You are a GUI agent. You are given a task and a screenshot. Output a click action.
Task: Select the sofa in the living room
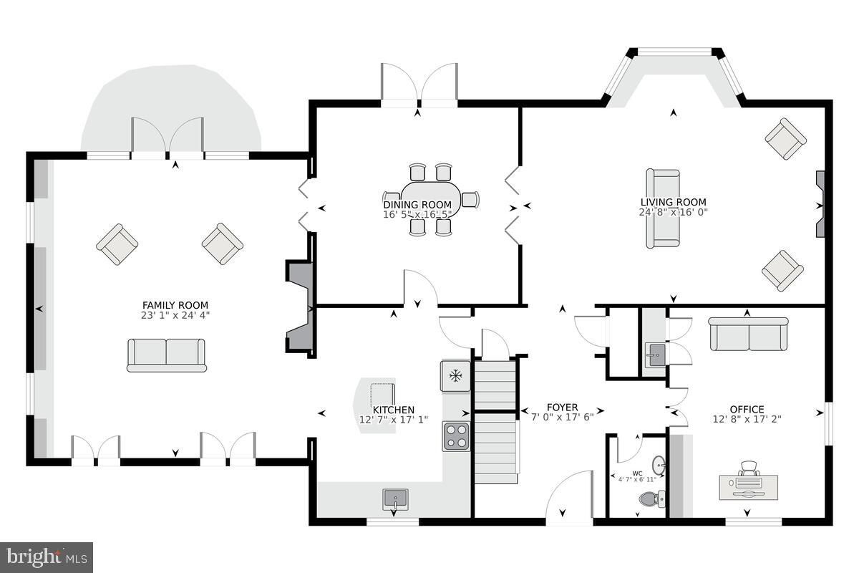tap(663, 208)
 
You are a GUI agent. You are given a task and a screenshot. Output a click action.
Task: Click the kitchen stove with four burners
tap(457, 435)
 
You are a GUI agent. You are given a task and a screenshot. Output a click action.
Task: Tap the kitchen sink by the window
tap(394, 498)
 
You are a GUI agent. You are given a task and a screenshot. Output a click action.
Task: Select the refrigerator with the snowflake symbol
tap(455, 375)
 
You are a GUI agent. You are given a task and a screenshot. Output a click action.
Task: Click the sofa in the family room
tap(166, 355)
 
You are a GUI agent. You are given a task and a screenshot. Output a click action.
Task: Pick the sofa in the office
tap(748, 334)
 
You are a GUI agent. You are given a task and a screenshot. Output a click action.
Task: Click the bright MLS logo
tap(47, 557)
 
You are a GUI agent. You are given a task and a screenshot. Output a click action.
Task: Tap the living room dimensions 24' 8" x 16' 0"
tap(673, 212)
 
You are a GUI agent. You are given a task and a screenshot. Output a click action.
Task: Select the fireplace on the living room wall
tap(820, 204)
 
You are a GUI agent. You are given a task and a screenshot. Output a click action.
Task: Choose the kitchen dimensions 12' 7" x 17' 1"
tap(393, 420)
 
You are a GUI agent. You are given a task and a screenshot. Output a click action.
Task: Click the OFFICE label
tap(747, 410)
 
